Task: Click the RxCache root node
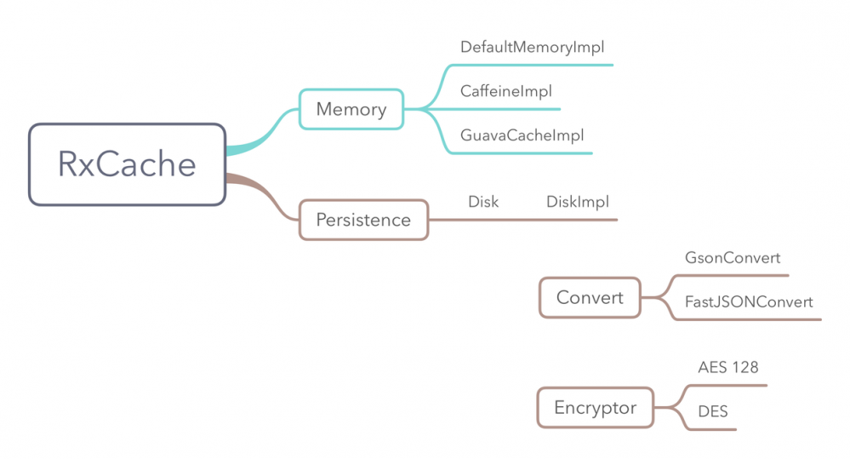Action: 127,164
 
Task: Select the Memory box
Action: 351,109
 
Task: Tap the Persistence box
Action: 363,220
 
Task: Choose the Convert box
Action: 590,297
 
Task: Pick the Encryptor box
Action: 595,407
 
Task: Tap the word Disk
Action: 483,202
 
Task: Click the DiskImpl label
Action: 577,202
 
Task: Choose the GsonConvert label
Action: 732,257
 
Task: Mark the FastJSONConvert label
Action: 749,301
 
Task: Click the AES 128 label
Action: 727,367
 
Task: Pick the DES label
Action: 712,411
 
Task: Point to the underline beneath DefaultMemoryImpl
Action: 545,65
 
